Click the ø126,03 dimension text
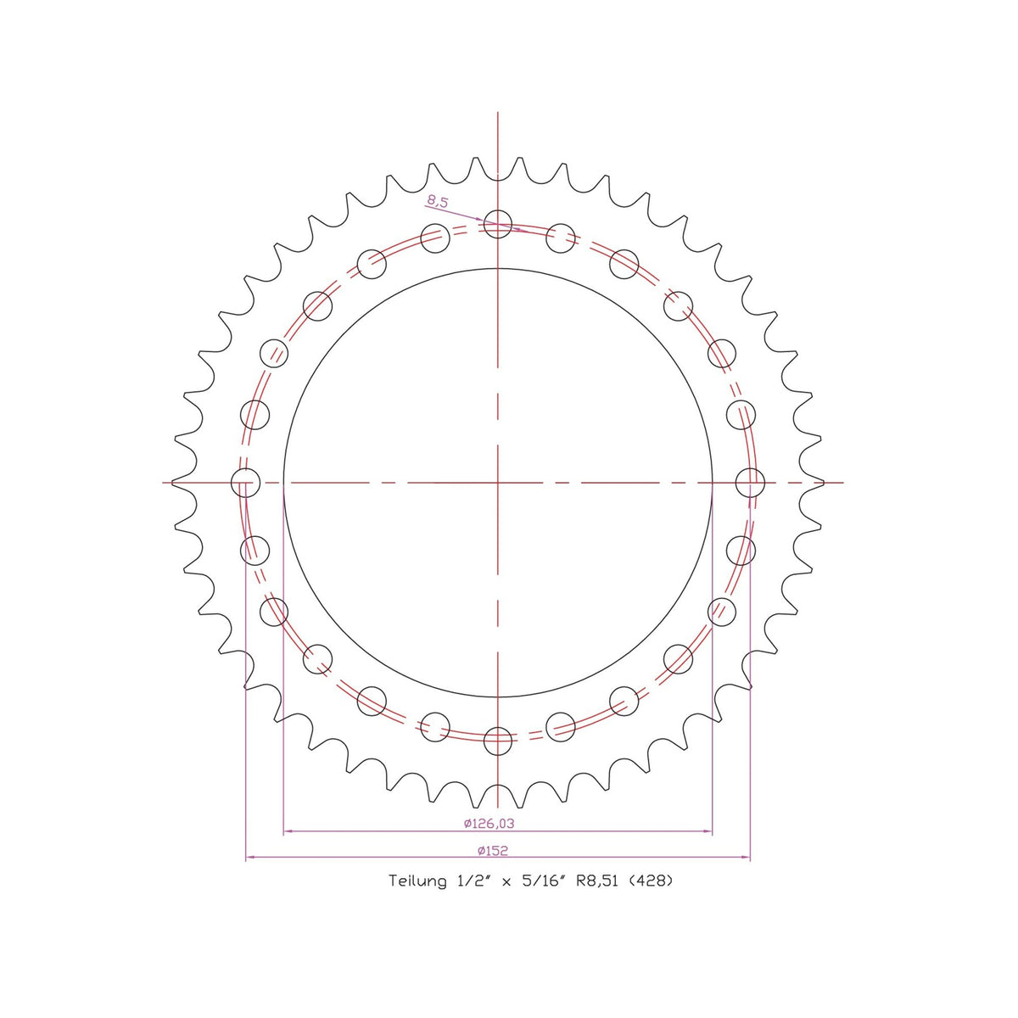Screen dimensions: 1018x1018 point(489,824)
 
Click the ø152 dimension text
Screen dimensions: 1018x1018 point(492,851)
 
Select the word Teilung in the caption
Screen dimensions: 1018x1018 point(417,881)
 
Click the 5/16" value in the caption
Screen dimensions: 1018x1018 point(541,881)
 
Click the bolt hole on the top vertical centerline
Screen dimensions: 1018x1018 point(498,223)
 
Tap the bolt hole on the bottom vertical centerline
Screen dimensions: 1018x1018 point(498,741)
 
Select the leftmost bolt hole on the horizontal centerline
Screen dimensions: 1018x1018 point(246,483)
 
